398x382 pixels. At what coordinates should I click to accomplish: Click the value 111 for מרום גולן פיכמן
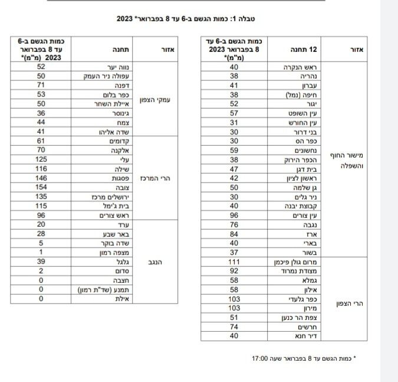[x=234, y=262]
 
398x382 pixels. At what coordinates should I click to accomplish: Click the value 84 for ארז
[x=234, y=234]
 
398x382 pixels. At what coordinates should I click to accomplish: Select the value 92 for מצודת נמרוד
[x=234, y=271]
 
